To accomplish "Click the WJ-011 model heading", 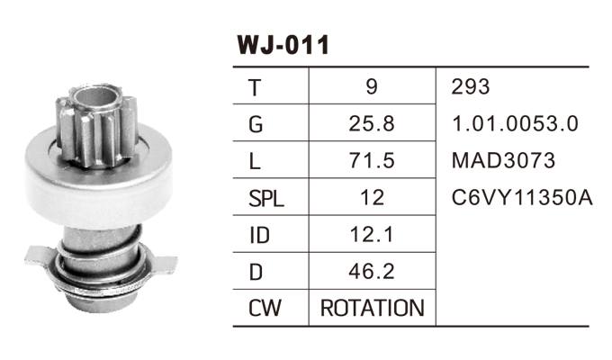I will (283, 44).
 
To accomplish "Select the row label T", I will (255, 87).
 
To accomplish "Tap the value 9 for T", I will (372, 87).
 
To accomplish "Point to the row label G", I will (256, 124).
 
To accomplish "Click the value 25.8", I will (372, 124).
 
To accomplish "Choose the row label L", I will (255, 161).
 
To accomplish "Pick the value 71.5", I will (372, 161).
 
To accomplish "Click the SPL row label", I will (265, 198).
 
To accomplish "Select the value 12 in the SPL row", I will (372, 198).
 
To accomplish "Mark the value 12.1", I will (372, 235).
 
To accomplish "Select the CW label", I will (264, 309).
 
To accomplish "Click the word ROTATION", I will (372, 309).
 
